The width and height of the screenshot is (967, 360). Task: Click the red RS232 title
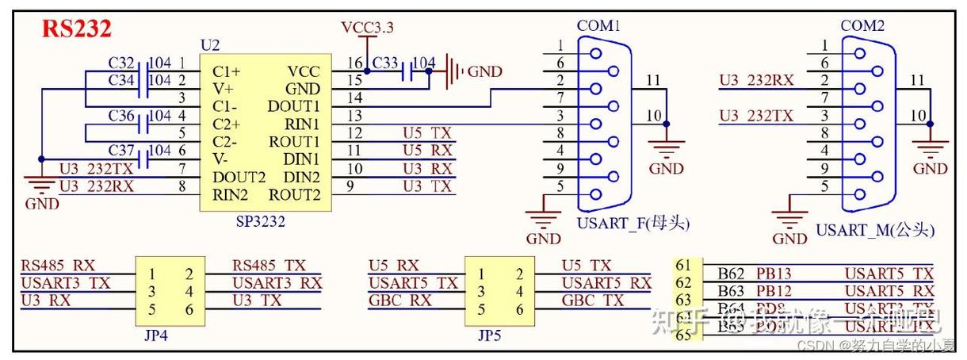pos(76,29)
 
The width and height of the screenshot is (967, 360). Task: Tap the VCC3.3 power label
pos(367,28)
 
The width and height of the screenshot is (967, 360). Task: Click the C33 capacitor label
pos(385,62)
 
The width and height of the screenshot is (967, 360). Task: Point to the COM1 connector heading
pos(598,26)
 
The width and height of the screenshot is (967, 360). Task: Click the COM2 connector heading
pos(862,26)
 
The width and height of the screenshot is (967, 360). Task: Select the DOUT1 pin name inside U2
pos(294,106)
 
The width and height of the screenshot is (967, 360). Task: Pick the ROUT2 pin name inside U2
pos(294,195)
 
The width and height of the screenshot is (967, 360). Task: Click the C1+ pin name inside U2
pos(227,71)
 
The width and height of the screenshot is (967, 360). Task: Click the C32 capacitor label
pos(121,62)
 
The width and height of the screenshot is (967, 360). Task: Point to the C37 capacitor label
pos(121,151)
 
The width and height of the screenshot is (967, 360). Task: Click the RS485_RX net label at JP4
pos(57,266)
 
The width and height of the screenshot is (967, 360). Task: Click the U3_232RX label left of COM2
pos(756,80)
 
